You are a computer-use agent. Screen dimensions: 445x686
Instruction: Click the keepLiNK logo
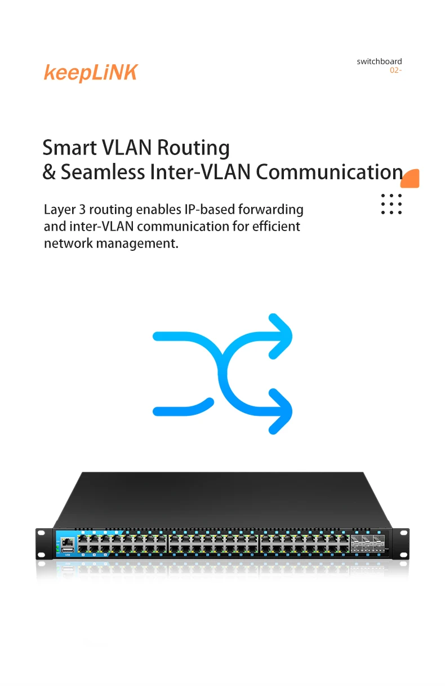click(x=90, y=73)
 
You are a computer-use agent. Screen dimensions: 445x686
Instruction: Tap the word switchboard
click(x=379, y=61)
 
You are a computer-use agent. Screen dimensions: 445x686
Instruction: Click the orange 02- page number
click(x=395, y=70)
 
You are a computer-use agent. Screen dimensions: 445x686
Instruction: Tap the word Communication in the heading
click(x=330, y=172)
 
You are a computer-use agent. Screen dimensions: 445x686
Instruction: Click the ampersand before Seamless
click(x=50, y=172)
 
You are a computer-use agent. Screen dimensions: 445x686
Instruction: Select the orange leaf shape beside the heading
click(x=411, y=178)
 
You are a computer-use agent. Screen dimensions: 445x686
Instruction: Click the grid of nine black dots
click(x=391, y=204)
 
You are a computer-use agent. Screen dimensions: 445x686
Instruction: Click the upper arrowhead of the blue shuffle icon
click(x=280, y=336)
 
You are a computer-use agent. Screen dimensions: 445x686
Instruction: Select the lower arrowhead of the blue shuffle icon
click(x=280, y=411)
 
